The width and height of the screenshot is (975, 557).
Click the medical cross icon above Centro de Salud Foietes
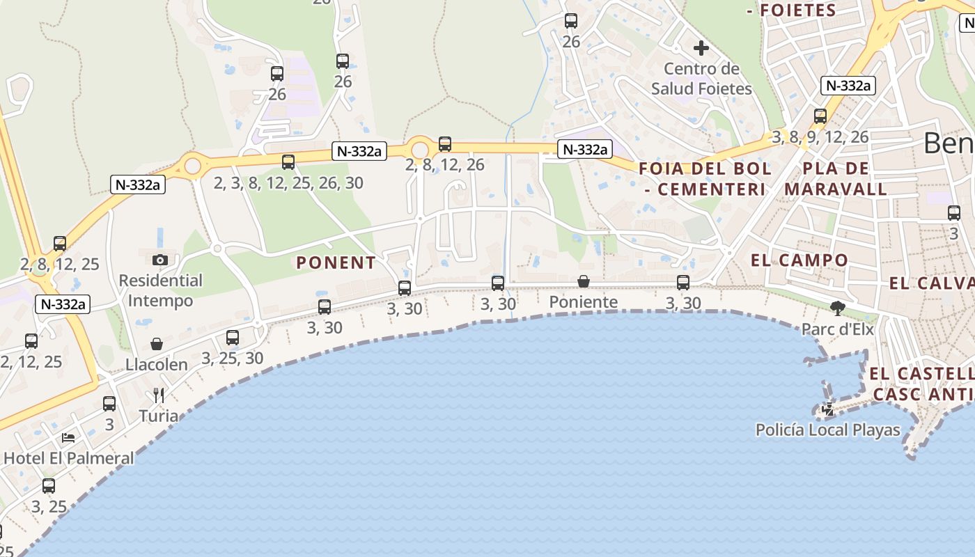(701, 48)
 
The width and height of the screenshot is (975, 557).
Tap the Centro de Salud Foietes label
(701, 79)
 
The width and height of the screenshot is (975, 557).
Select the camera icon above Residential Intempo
(159, 260)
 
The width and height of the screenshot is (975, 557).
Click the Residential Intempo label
(161, 291)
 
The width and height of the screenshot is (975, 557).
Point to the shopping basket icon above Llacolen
(157, 344)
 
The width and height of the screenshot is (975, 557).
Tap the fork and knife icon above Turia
(158, 395)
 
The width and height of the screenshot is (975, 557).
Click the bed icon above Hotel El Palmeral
(68, 437)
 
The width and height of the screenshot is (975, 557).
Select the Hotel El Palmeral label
(68, 458)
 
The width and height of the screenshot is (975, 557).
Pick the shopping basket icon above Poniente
(584, 281)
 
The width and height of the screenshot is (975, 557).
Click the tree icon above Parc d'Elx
(838, 308)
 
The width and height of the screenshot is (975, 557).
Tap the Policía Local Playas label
(828, 430)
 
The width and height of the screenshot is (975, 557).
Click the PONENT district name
(336, 262)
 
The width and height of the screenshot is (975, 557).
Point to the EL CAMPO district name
(799, 260)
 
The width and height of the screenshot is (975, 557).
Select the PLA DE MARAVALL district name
(836, 178)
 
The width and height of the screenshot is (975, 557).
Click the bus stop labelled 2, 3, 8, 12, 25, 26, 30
(288, 162)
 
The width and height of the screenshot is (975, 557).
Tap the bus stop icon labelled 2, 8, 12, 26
(445, 144)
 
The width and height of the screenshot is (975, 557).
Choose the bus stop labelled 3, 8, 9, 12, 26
(820, 116)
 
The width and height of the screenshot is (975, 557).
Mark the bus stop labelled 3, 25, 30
(233, 338)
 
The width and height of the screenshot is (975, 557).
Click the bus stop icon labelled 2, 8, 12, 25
(60, 244)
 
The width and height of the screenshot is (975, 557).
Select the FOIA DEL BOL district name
(705, 178)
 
